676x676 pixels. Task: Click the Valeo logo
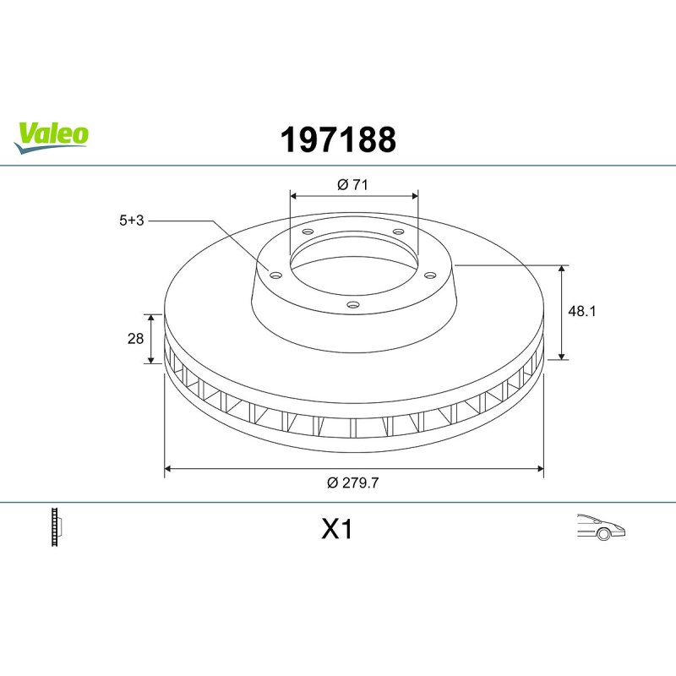pos(51,137)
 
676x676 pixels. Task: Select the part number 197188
pos(338,139)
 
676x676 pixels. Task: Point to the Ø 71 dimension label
pos(352,184)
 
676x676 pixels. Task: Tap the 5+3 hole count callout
pos(132,221)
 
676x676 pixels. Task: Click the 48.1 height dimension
pos(581,311)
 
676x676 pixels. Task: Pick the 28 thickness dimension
pos(135,339)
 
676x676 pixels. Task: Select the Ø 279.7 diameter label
pos(352,482)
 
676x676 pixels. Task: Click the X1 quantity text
pos(336,529)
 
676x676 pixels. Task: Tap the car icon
pos(601,526)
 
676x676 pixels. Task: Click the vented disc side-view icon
pos(57,526)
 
